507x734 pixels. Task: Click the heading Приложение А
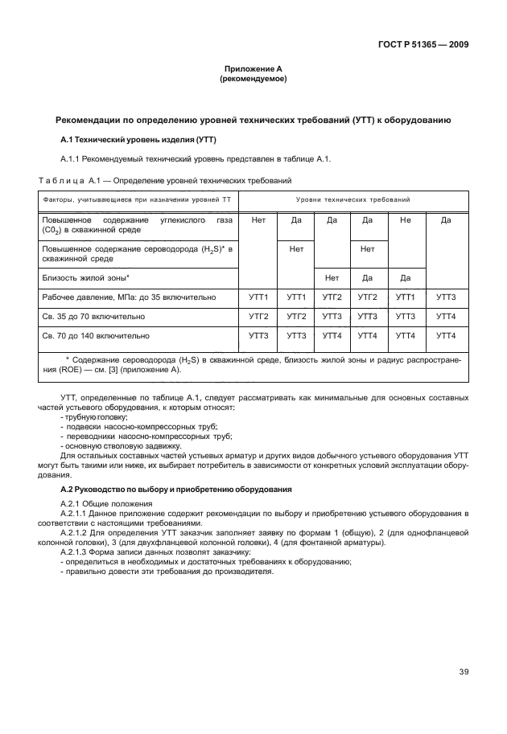click(x=253, y=70)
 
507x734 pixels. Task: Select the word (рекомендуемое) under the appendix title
click(x=253, y=80)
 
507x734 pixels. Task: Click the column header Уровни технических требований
click(x=352, y=199)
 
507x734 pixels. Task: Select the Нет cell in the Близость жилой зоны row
click(x=332, y=277)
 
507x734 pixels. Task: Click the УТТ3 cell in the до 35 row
click(x=445, y=297)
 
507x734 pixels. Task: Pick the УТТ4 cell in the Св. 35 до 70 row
click(x=445, y=317)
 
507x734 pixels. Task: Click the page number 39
click(x=464, y=672)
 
